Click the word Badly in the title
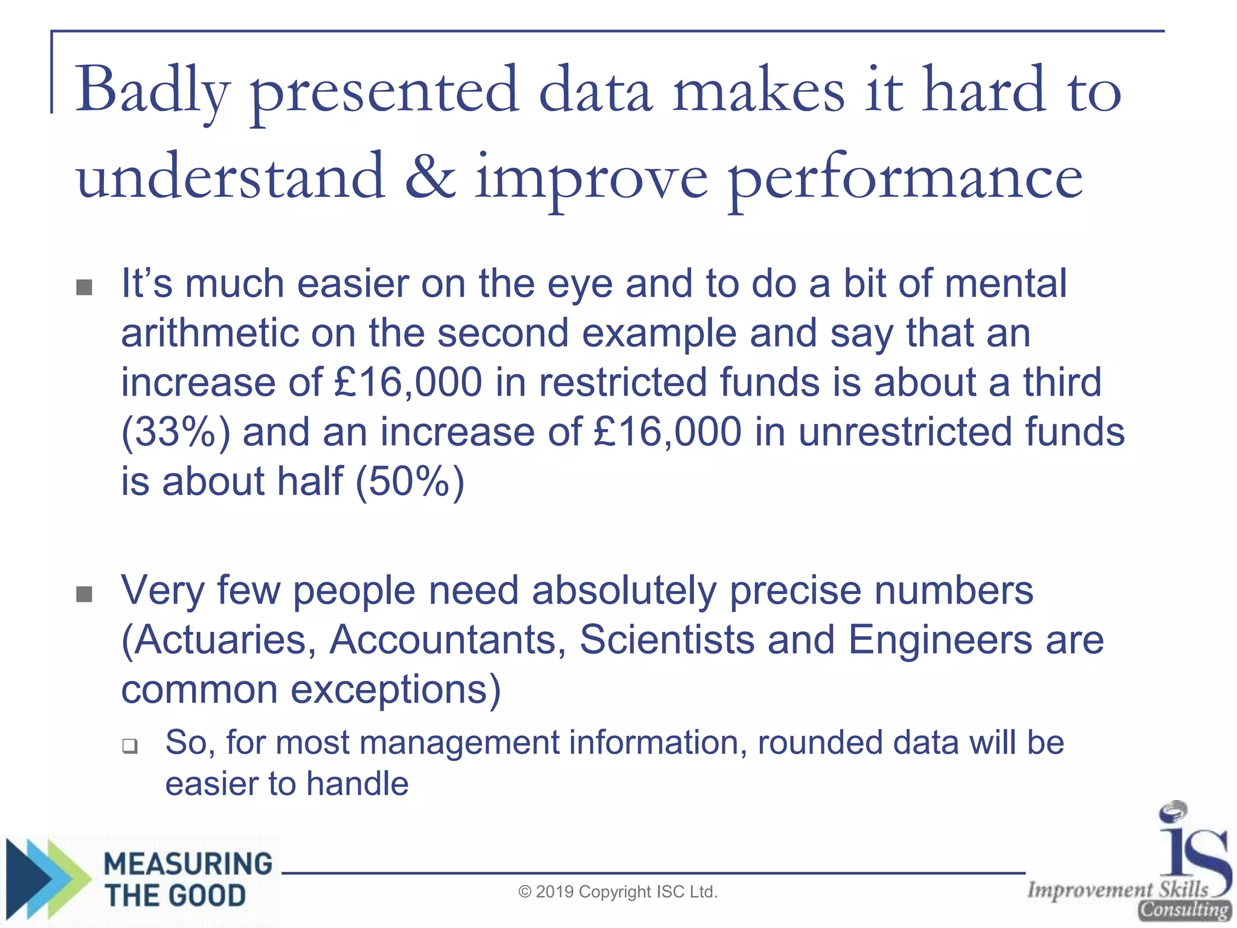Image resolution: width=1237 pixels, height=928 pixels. coord(152,91)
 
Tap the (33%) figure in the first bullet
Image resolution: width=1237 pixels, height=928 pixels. coord(176,433)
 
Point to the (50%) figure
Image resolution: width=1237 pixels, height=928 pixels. coord(410,482)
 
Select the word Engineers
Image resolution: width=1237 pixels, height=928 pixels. coord(940,640)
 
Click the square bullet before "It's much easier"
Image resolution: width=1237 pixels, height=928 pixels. coord(85,287)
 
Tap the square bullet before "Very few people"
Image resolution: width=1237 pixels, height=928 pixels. coord(85,594)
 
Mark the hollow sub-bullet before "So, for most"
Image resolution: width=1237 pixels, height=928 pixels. coord(129,746)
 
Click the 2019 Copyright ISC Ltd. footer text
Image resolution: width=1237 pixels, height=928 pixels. coord(618,892)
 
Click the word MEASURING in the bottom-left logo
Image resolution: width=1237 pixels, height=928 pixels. coord(188,864)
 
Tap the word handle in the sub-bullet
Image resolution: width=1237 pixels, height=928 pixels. coord(357,784)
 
